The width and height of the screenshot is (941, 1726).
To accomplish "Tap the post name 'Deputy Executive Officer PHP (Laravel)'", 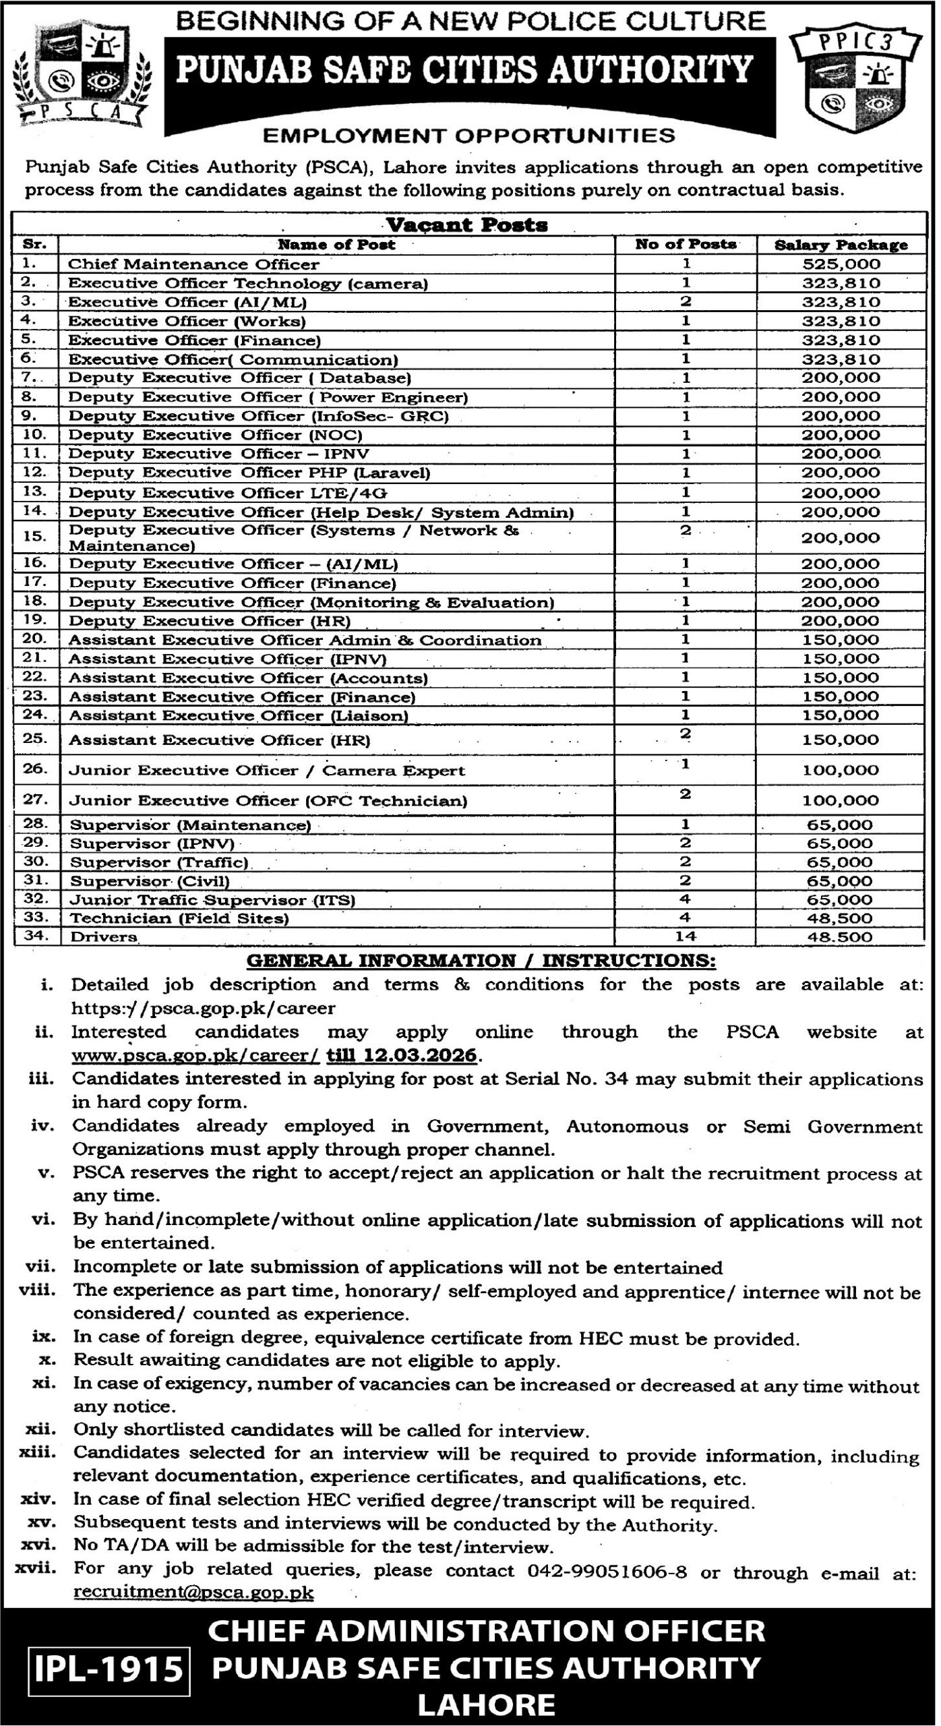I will (x=249, y=473).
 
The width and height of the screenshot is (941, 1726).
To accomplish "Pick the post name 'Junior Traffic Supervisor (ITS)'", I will (x=213, y=900).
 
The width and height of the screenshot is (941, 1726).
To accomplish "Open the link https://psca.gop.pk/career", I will (x=204, y=1009).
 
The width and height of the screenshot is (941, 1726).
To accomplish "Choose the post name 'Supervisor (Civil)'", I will (x=150, y=881).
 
